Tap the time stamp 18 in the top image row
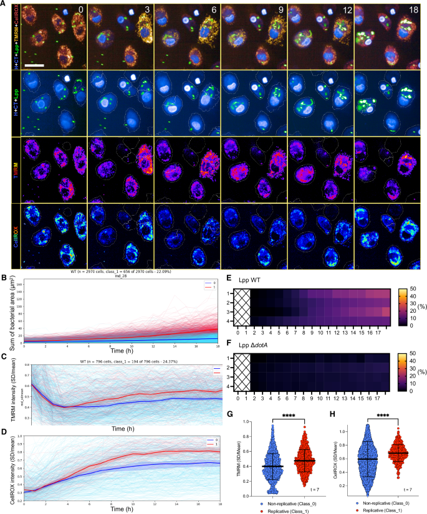click(413, 10)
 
